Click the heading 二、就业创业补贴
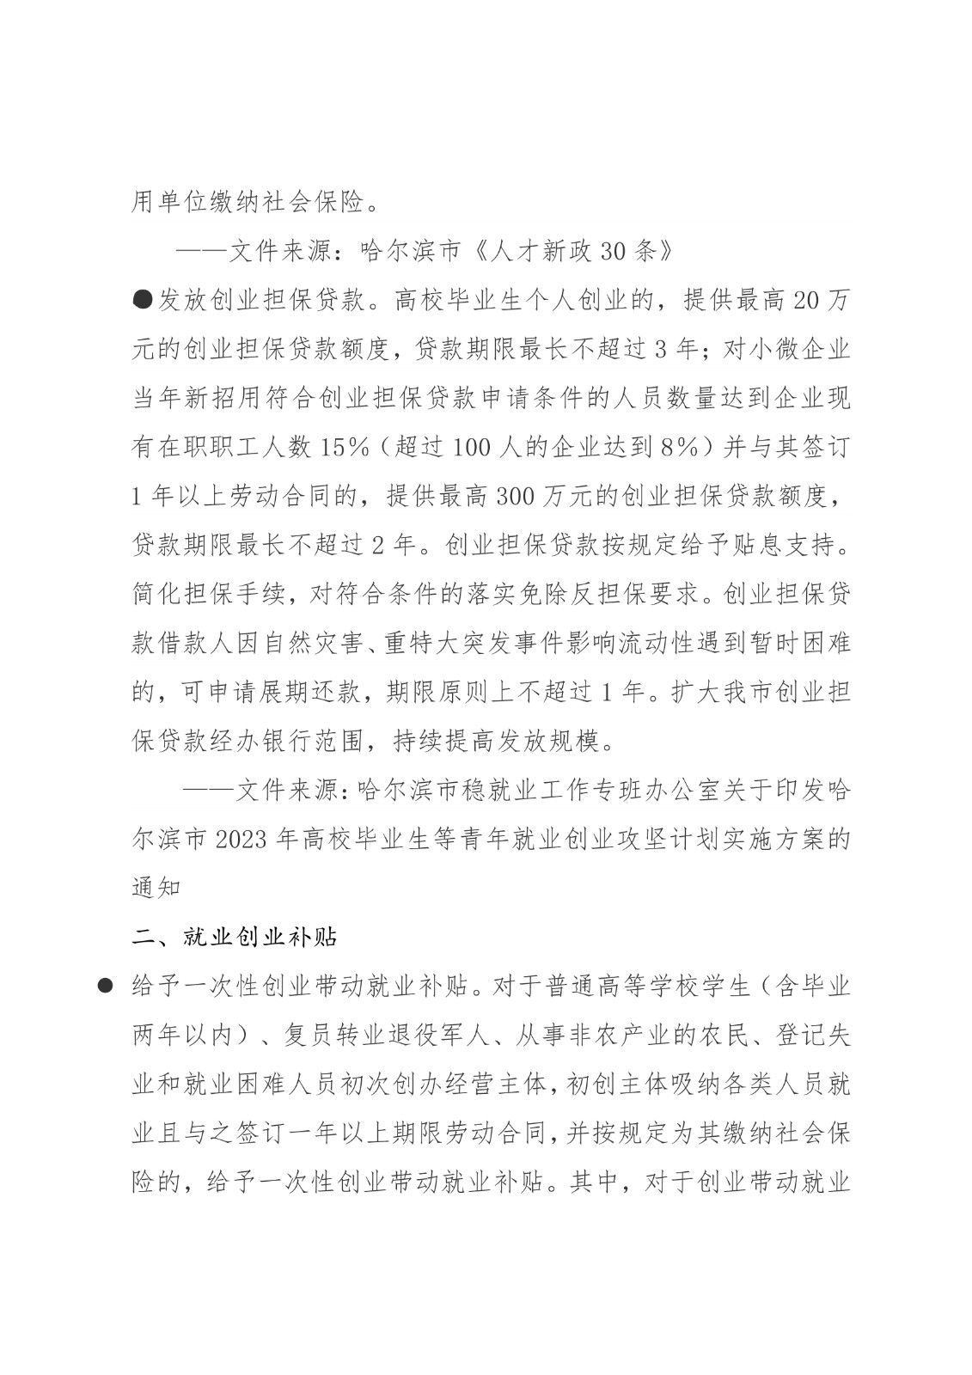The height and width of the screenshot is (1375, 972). pos(235,936)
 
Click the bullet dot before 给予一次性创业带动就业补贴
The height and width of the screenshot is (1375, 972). pos(106,985)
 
